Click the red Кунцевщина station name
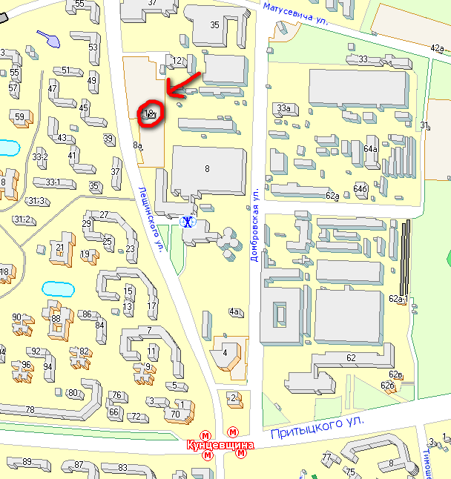coord(221,445)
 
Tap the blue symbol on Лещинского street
coord(189,221)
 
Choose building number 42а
coord(437,47)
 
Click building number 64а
coord(371,149)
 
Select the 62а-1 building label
coord(399,299)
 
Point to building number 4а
coord(235,311)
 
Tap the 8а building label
coord(137,145)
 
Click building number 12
coord(177,61)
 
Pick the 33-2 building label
coord(40,156)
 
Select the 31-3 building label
coord(36,201)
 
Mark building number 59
coord(19,117)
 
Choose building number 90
coord(17,318)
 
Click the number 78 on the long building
coord(30,410)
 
